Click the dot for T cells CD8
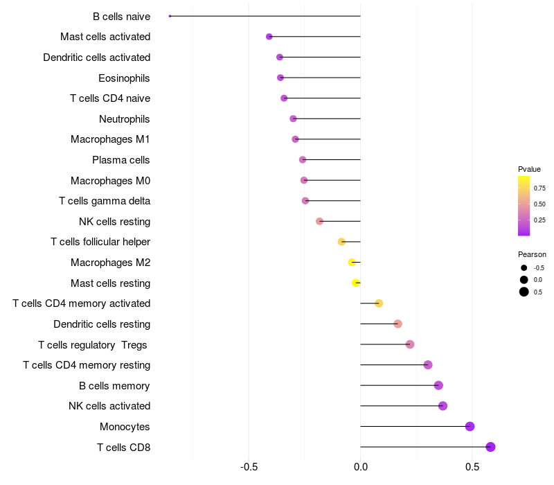(x=490, y=447)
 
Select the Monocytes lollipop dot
(x=470, y=426)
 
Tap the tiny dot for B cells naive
(x=170, y=16)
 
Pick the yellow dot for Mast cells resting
(x=356, y=283)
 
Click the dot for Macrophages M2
(x=352, y=263)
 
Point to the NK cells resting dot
(x=319, y=221)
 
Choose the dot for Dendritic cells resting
(x=397, y=324)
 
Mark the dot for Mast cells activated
(x=269, y=37)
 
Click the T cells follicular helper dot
(x=341, y=242)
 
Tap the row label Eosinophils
(x=124, y=78)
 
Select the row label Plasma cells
(x=120, y=160)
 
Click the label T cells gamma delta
(x=105, y=201)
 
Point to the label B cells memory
(x=114, y=386)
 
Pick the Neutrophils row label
(x=125, y=119)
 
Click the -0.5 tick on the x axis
(x=249, y=467)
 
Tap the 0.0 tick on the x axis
(x=360, y=467)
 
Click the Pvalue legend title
(x=529, y=169)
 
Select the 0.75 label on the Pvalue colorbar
(x=539, y=188)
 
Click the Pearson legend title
(x=532, y=254)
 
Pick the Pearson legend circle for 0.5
(x=524, y=292)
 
